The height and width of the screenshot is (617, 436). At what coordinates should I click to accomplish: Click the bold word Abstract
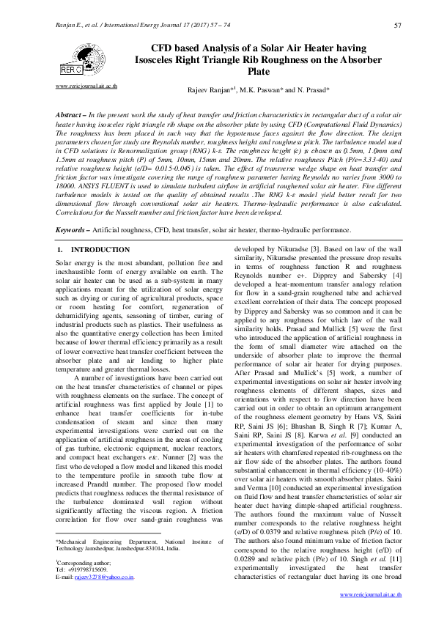point(70,117)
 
